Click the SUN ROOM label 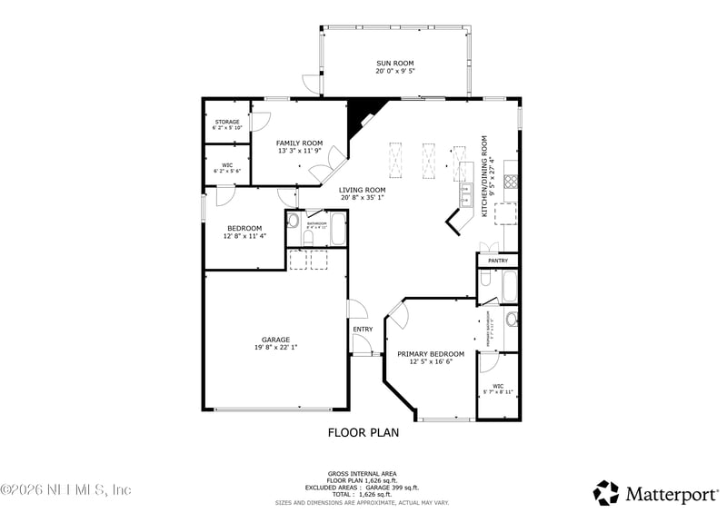tap(394, 63)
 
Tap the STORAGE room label tap(226, 122)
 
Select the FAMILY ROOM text tap(300, 143)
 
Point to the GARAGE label tap(276, 340)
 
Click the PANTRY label tap(498, 261)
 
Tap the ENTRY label tap(363, 329)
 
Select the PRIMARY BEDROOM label tap(431, 354)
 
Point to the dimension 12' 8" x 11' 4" tap(244, 236)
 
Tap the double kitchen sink tap(464, 194)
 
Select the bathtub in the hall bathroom tap(337, 230)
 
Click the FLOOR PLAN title tap(363, 433)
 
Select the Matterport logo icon tap(606, 493)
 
